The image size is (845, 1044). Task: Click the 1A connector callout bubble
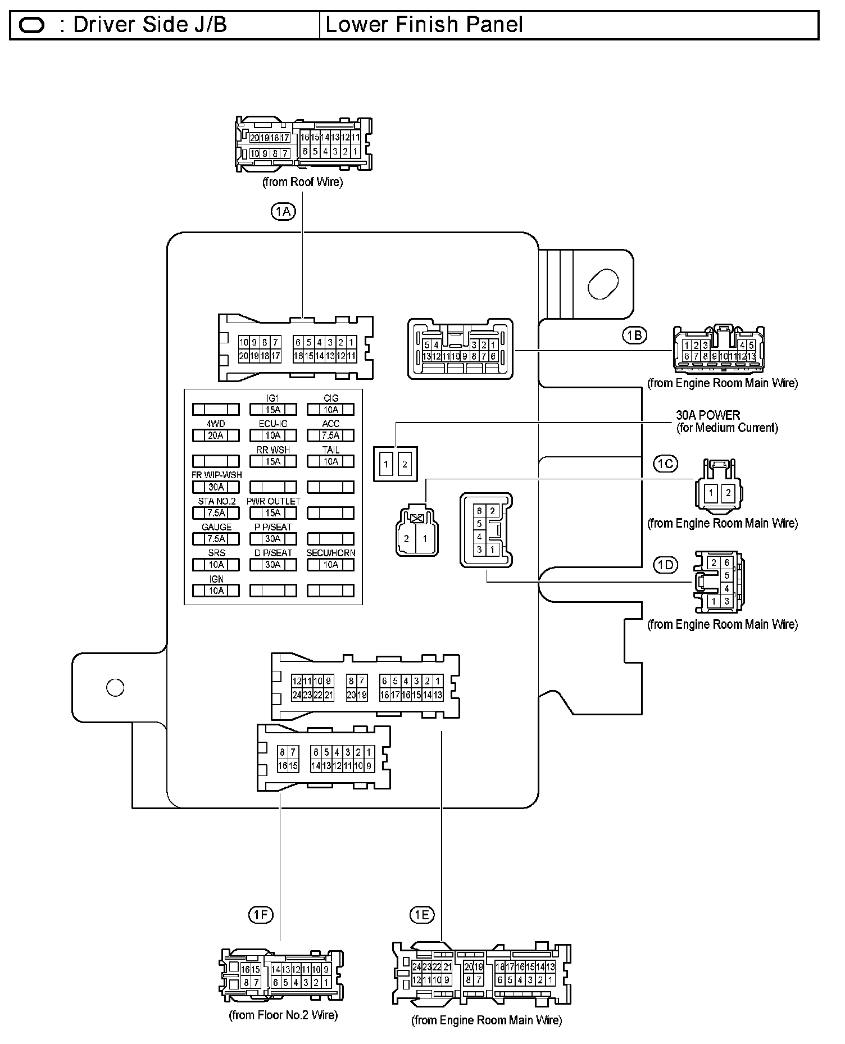pos(283,211)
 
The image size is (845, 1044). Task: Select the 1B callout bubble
pos(634,335)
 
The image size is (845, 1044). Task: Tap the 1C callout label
pos(665,464)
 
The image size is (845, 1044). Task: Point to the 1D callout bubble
pos(665,565)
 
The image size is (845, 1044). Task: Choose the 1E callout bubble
pos(422,915)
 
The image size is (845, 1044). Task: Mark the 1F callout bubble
pos(261,915)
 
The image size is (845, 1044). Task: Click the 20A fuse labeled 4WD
pos(216,435)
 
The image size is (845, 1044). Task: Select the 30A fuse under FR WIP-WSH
pos(216,487)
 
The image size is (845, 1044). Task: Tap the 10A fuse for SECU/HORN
pos(330,565)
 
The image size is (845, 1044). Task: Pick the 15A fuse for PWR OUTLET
pos(273,513)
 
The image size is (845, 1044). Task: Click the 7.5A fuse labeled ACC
pos(330,435)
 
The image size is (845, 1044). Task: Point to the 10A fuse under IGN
pos(216,591)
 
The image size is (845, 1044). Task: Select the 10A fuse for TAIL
pos(330,461)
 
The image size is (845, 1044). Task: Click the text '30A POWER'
pos(708,415)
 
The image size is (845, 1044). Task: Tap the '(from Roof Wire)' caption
pos(302,182)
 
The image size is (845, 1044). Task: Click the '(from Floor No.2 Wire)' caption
pos(283,1015)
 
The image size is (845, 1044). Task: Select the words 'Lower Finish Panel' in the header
pos(424,25)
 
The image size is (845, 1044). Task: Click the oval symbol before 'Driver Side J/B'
pos(32,25)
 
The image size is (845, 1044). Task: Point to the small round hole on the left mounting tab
pos(115,687)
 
